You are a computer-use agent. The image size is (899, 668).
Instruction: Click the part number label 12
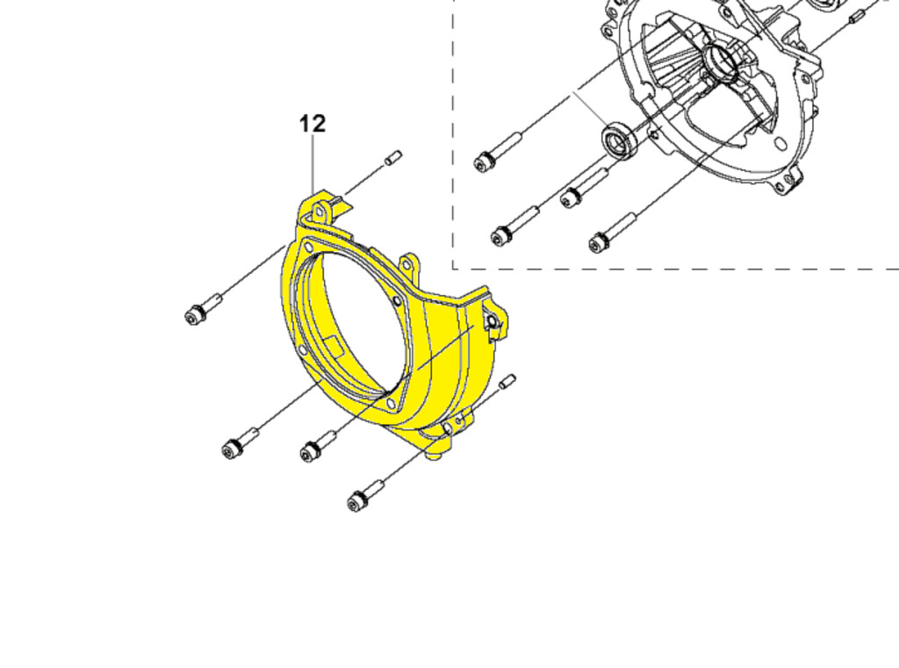(x=313, y=124)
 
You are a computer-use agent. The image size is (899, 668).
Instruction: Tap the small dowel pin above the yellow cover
(x=393, y=157)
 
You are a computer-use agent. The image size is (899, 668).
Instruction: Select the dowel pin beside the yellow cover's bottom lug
(x=508, y=381)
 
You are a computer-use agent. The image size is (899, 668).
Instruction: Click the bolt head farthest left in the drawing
(x=193, y=316)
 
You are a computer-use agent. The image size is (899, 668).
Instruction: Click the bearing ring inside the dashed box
(x=617, y=140)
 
